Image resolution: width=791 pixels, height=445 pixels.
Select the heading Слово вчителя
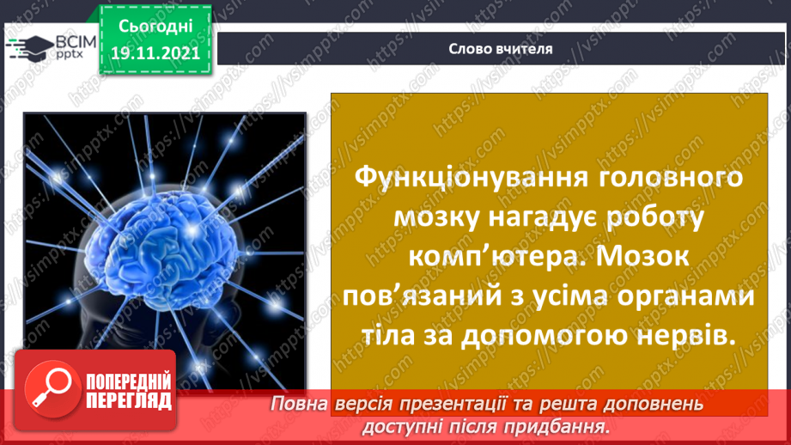(x=501, y=49)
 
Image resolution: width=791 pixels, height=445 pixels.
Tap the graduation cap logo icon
(x=27, y=46)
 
